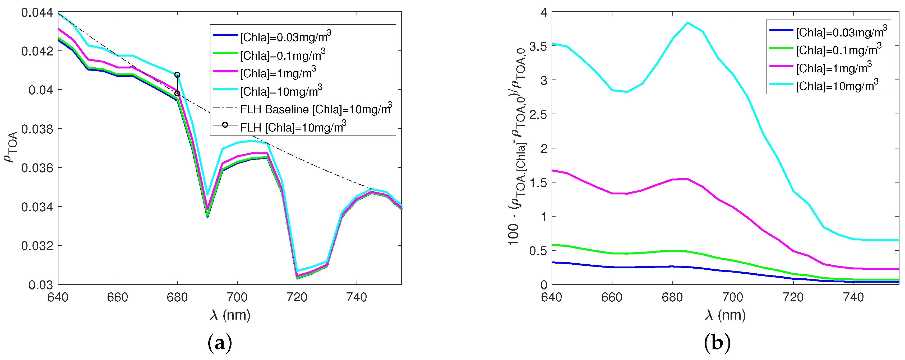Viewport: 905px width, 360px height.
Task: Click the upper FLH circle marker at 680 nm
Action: (x=177, y=75)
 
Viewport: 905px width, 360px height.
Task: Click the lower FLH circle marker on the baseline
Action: (x=177, y=93)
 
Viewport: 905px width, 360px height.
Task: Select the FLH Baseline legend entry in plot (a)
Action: (x=315, y=109)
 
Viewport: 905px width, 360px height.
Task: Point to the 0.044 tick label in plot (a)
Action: (x=37, y=13)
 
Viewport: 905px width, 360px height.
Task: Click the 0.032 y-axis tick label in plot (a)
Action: (x=37, y=246)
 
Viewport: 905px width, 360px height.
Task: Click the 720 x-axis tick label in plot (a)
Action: (x=297, y=297)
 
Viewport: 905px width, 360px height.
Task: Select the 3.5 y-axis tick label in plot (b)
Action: (x=538, y=46)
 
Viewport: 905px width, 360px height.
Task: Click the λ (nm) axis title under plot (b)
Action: (x=725, y=315)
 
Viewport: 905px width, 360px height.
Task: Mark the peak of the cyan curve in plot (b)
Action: (x=687, y=23)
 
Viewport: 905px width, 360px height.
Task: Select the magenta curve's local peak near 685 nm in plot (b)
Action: (x=687, y=179)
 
